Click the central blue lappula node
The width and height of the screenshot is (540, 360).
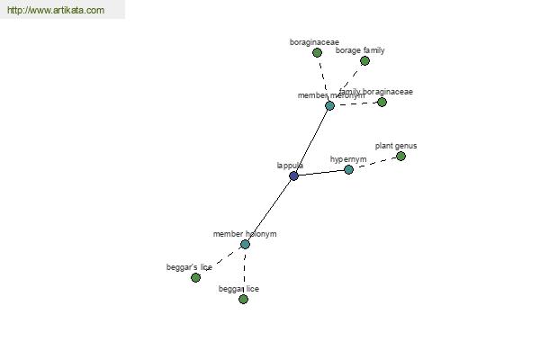[x=293, y=175]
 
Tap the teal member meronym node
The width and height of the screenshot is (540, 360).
[x=329, y=106]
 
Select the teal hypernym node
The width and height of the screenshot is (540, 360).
[x=348, y=169]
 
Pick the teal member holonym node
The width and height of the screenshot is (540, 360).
[x=245, y=244]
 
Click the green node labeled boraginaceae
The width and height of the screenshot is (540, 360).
[x=317, y=53]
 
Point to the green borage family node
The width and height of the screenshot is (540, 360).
[x=364, y=61]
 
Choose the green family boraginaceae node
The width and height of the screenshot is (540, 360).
[x=382, y=102]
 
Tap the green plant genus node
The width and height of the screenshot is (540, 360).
[x=400, y=157]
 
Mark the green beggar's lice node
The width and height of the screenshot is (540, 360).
[x=195, y=277]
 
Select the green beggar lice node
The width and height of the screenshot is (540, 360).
[x=243, y=299]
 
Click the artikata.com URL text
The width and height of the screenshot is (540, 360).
[x=55, y=11]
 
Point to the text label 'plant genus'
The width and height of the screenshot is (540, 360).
[x=396, y=146]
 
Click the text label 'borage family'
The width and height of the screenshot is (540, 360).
[x=360, y=50]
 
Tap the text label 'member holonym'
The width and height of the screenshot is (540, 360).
[x=245, y=234]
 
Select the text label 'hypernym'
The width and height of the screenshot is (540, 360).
[x=348, y=159]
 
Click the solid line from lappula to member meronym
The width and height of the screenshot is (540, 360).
[x=311, y=140]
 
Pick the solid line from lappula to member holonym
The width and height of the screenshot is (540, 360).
[x=269, y=210]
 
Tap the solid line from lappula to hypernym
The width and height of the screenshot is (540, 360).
[x=320, y=173]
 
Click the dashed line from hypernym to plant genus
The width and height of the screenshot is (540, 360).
[x=374, y=163]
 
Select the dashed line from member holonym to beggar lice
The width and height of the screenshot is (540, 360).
[x=244, y=272]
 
